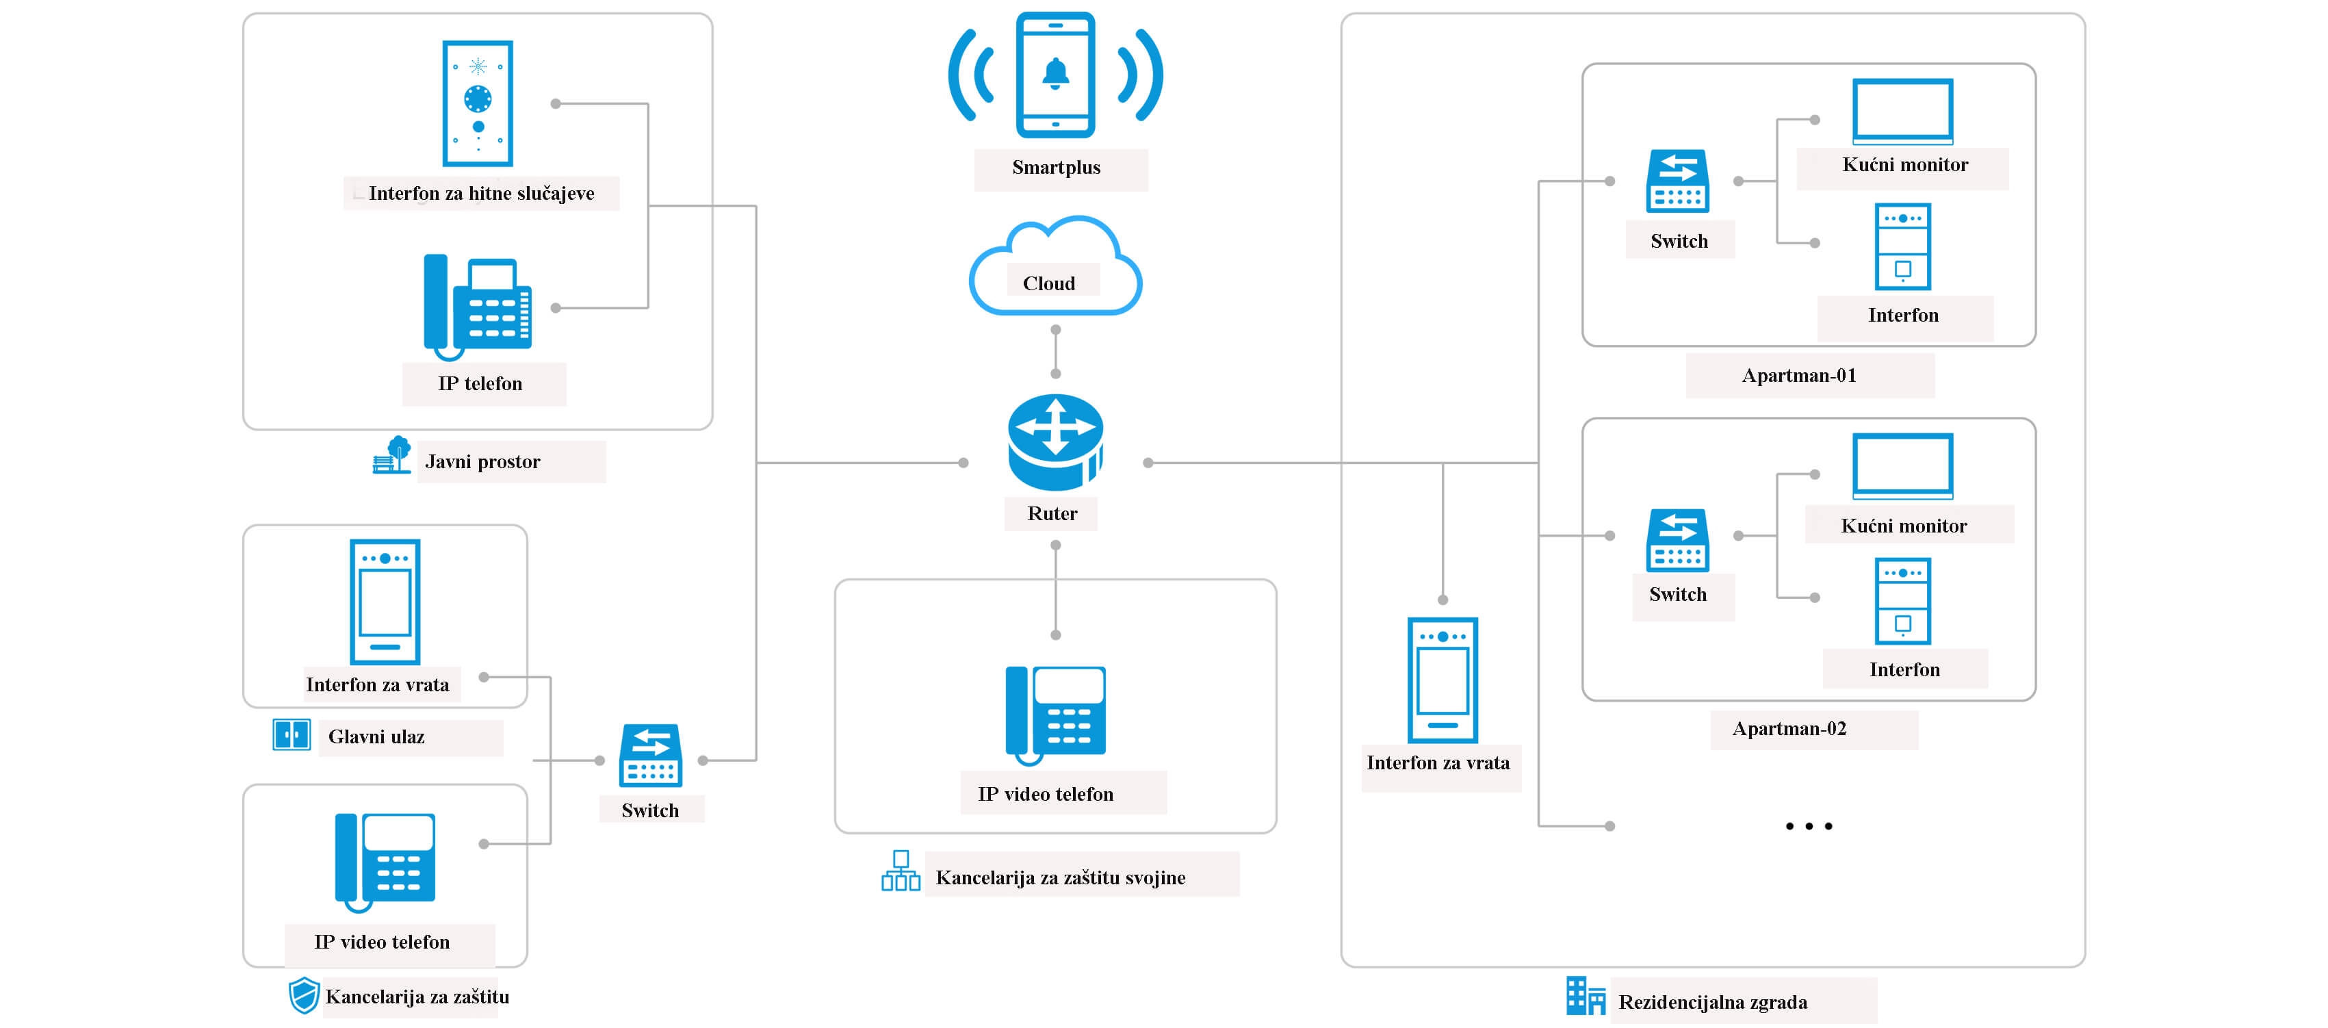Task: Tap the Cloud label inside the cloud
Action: pyautogui.click(x=1049, y=283)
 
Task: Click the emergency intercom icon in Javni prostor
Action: pyautogui.click(x=477, y=103)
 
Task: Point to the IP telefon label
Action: pyautogui.click(x=480, y=383)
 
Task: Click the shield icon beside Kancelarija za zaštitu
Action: pyautogui.click(x=304, y=994)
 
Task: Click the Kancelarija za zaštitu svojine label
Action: pyautogui.click(x=1060, y=877)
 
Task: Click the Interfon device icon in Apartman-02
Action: pyautogui.click(x=1902, y=600)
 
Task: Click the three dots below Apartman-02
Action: pyautogui.click(x=1809, y=825)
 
